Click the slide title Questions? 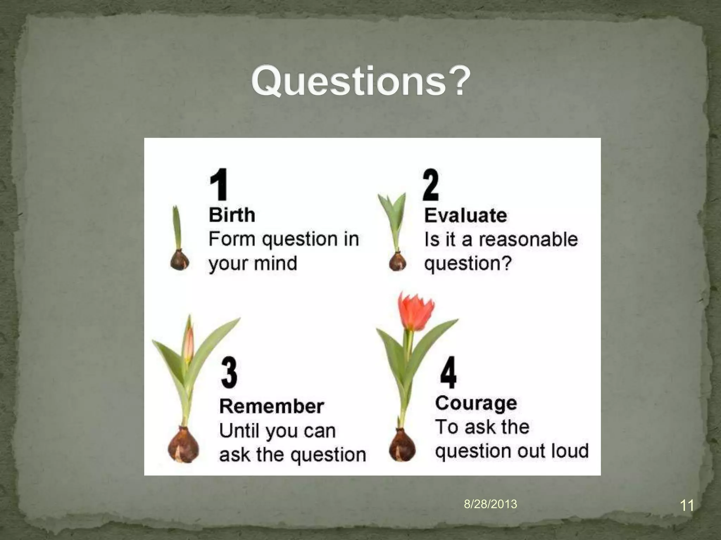(360, 81)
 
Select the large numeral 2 (431, 184)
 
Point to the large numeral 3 (229, 372)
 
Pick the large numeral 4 (448, 372)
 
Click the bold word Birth (232, 215)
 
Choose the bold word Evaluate (465, 215)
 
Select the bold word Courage (476, 403)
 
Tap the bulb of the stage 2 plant (398, 262)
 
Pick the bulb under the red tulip (402, 446)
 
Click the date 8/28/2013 (490, 504)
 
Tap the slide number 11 (687, 506)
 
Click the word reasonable (528, 239)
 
